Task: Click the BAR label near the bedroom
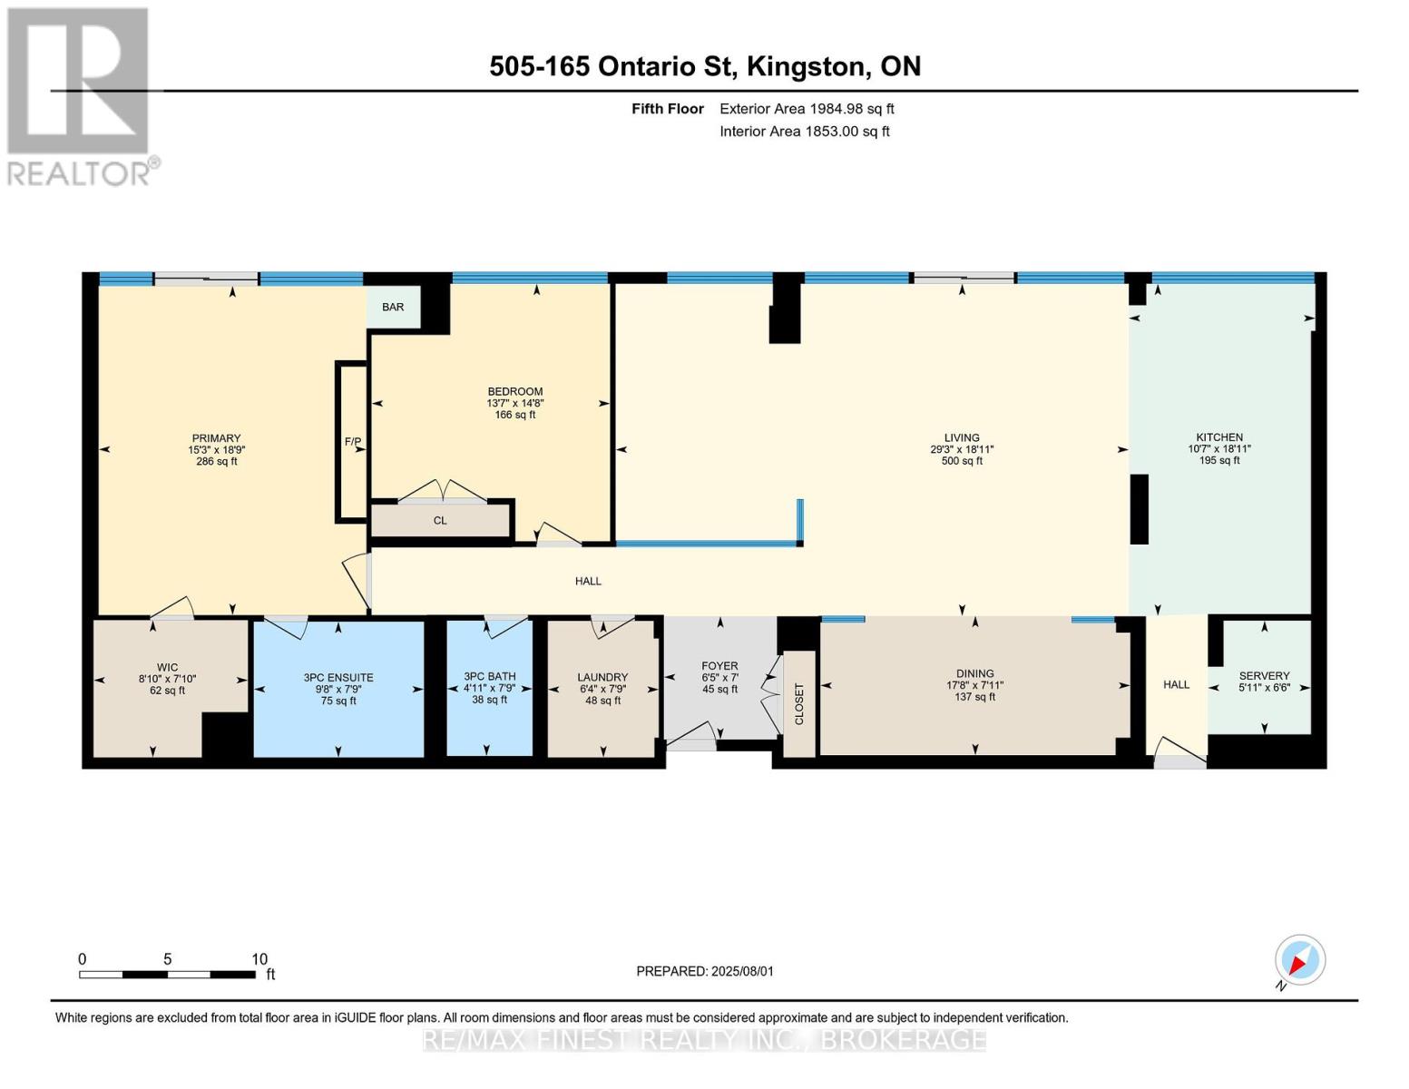[393, 307]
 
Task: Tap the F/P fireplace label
[353, 442]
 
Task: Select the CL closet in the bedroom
[440, 520]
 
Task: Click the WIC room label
[167, 667]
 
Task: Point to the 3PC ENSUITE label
[338, 678]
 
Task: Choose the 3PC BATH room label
[490, 676]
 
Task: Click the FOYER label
[719, 666]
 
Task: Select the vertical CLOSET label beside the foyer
[798, 703]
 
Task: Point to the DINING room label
[975, 674]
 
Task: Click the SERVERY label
[1265, 676]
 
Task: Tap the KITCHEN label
[1219, 437]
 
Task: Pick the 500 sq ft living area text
[963, 461]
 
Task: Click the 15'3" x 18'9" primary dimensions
[217, 450]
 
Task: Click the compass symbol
[1300, 960]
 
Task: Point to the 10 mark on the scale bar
[259, 959]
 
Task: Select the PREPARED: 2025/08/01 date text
[705, 972]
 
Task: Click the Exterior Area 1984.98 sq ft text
[807, 109]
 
